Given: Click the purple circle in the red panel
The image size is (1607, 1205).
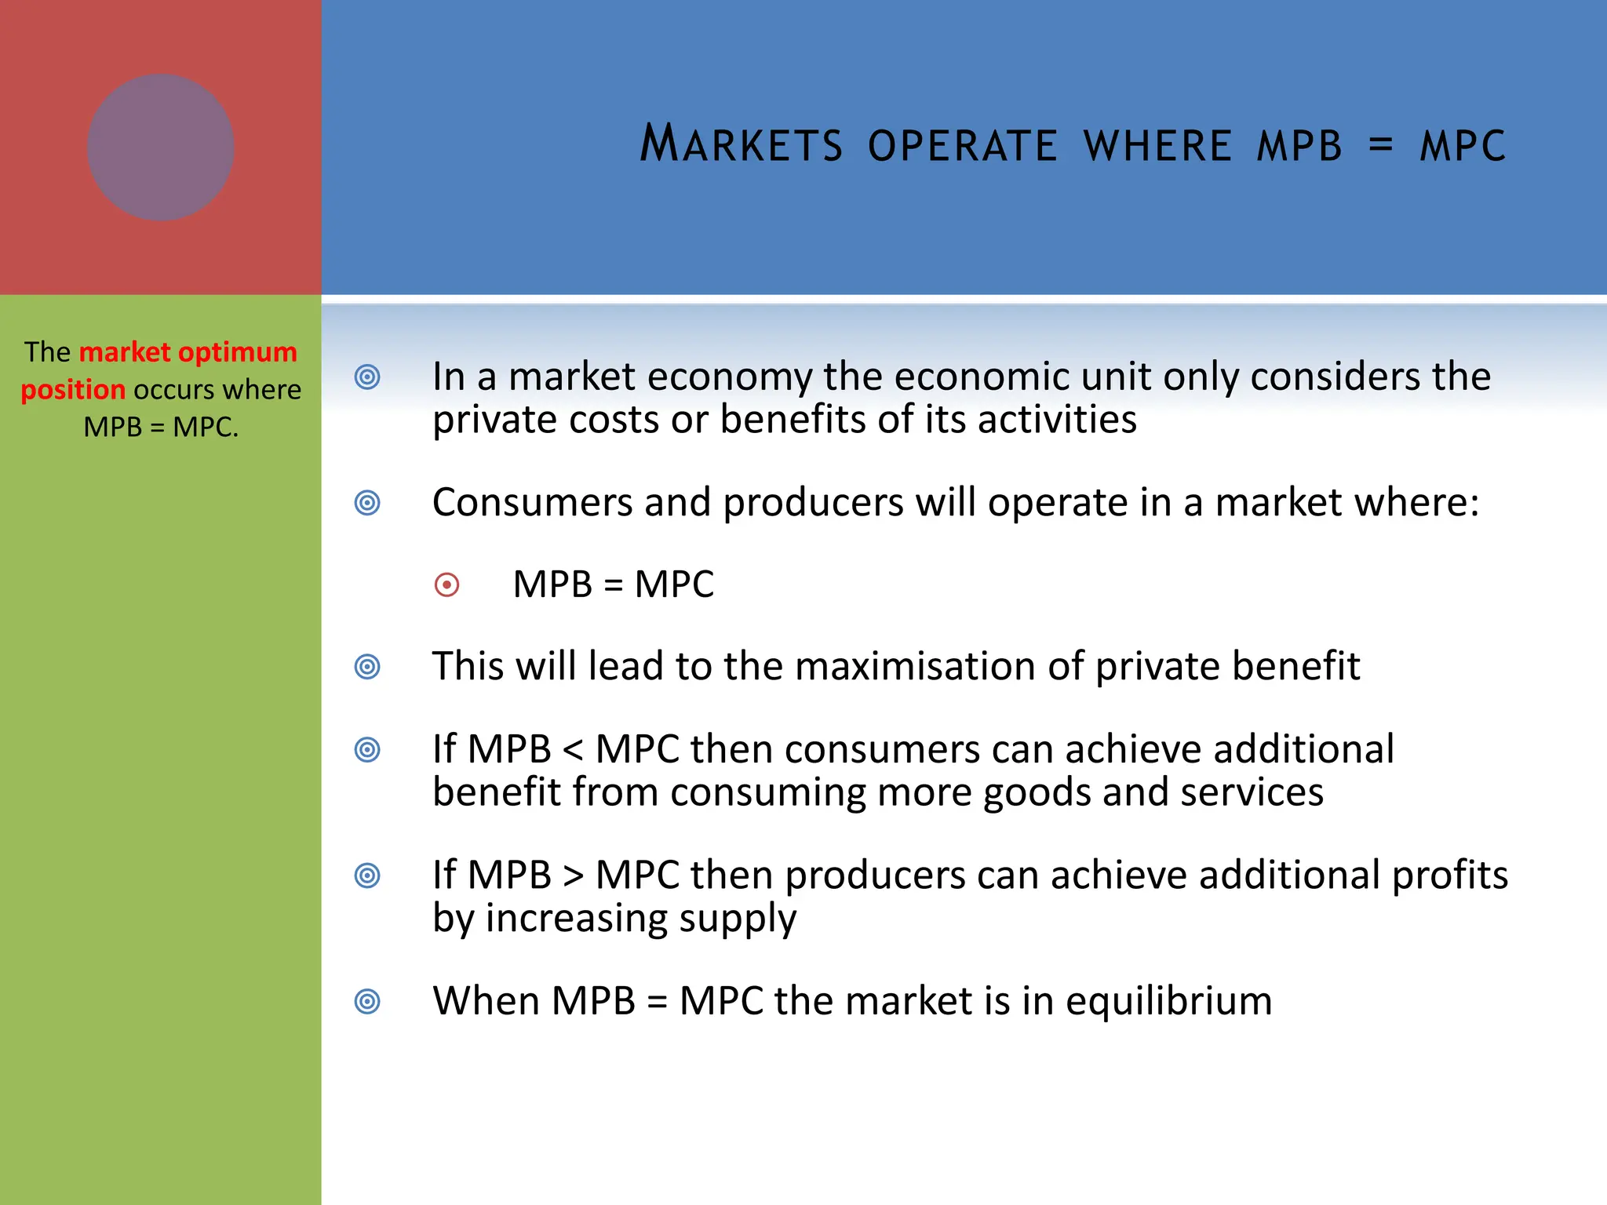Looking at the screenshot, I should click(x=161, y=147).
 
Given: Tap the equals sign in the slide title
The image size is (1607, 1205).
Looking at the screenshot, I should click(x=1380, y=145).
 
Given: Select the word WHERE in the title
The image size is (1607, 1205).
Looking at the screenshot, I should click(x=1157, y=146).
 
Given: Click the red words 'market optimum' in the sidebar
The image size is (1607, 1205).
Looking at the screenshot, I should click(x=188, y=352).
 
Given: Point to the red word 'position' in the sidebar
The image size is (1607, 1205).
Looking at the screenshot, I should click(x=73, y=390).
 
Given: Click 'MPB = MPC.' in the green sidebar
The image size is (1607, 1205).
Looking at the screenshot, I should click(x=161, y=428).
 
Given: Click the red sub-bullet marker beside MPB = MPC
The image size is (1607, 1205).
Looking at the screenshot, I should click(x=446, y=585).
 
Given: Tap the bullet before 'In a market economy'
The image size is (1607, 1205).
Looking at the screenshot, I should click(x=367, y=377).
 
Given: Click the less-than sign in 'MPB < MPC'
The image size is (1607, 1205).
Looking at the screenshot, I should click(x=573, y=751).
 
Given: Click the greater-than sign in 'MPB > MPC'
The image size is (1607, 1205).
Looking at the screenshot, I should click(x=573, y=876).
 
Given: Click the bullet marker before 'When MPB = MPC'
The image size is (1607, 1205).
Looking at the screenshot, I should click(x=367, y=1002).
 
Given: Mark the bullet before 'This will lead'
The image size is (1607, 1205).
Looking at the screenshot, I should click(x=367, y=667).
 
